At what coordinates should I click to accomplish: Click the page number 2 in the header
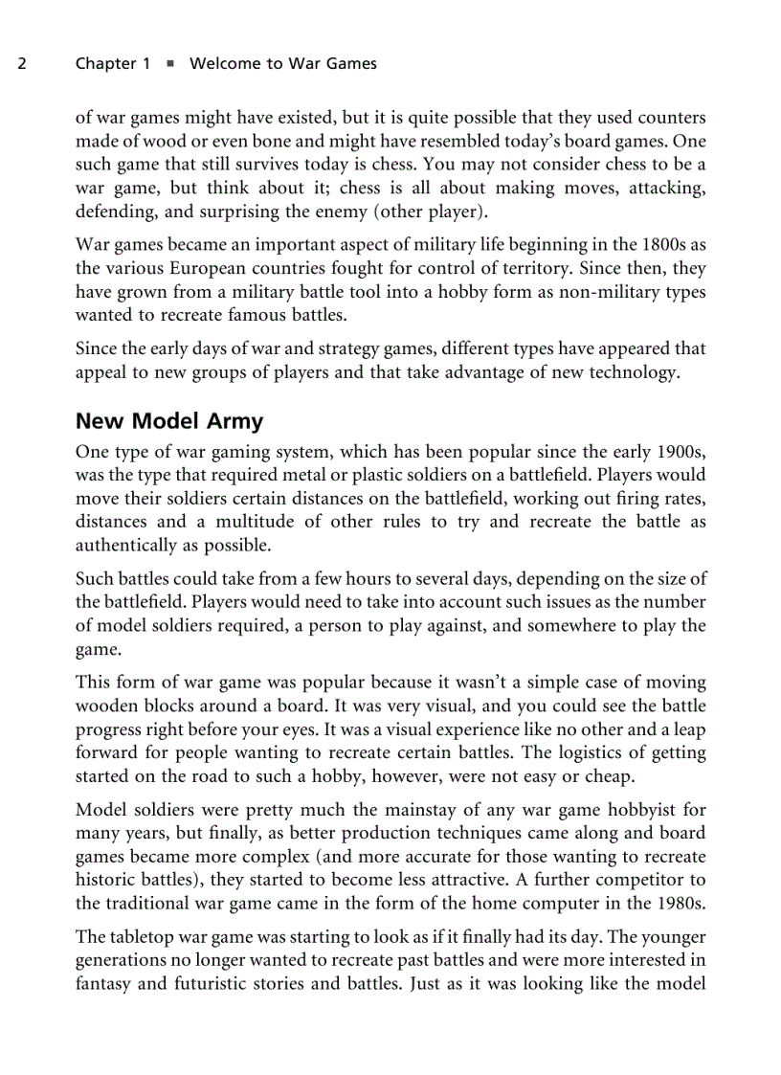[21, 64]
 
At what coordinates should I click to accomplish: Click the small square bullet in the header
[169, 64]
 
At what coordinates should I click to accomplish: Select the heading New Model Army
[169, 421]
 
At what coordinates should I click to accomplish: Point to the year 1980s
[680, 903]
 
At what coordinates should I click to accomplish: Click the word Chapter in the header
[104, 64]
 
